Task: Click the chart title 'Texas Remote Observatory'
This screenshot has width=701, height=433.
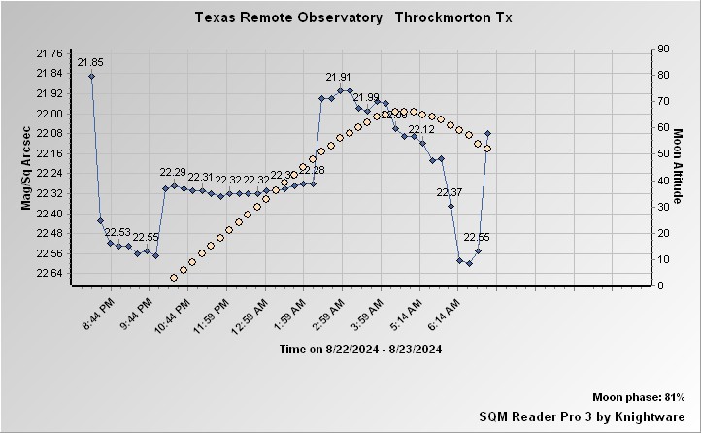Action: click(x=288, y=18)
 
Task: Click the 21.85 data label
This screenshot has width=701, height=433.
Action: click(x=90, y=62)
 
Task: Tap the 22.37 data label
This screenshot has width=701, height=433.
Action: click(x=450, y=192)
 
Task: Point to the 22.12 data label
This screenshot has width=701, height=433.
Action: click(x=421, y=129)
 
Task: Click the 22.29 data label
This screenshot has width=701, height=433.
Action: click(x=173, y=173)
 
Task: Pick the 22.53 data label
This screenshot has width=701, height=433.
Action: click(x=117, y=232)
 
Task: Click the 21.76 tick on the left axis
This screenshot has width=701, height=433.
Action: click(x=48, y=53)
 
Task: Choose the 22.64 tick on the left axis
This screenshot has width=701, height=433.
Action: click(x=48, y=273)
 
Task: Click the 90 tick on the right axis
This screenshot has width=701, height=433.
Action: click(x=663, y=49)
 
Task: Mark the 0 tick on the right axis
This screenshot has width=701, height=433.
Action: click(x=660, y=285)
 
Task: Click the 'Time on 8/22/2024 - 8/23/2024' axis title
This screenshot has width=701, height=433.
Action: click(x=360, y=349)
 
